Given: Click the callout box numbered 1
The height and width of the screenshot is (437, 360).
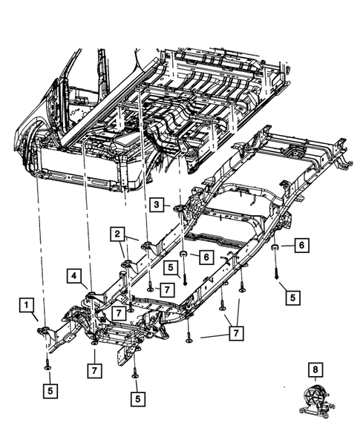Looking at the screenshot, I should pyautogui.click(x=27, y=305).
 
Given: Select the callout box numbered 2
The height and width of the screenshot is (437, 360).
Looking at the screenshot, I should pyautogui.click(x=117, y=234).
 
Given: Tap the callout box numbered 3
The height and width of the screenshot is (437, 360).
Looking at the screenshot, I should pyautogui.click(x=157, y=204).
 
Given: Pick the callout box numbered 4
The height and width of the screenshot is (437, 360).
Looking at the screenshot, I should pyautogui.click(x=76, y=277).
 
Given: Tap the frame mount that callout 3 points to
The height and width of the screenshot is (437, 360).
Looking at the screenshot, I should pyautogui.click(x=179, y=208).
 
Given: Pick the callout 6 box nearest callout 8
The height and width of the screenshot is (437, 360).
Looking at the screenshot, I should pyautogui.click(x=301, y=246).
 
